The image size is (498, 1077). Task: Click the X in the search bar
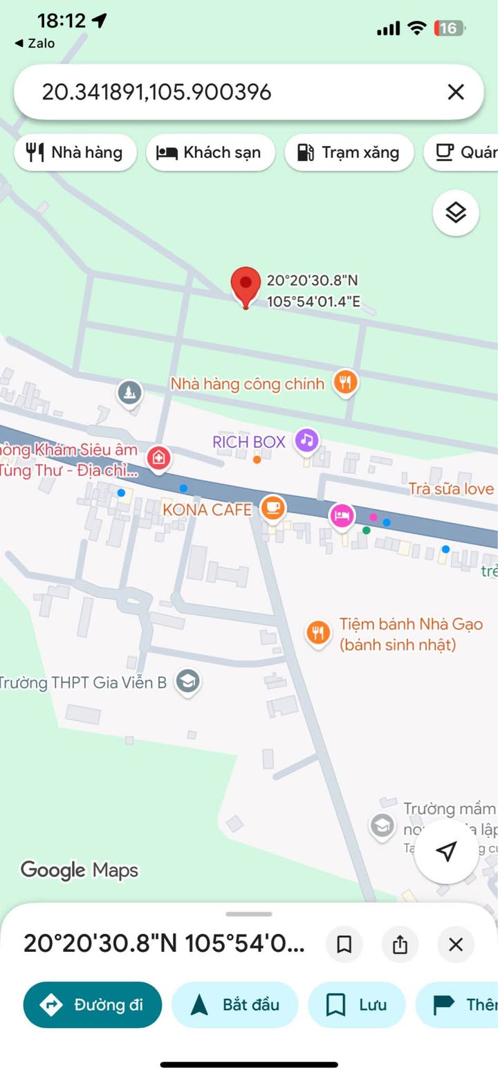pos(456,92)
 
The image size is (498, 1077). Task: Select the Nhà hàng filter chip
pos(75,152)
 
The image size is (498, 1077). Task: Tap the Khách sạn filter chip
pos(210,152)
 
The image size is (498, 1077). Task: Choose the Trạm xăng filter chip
pos(349,152)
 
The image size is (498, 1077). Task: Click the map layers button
pos(456,213)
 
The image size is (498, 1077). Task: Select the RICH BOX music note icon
pos(306,440)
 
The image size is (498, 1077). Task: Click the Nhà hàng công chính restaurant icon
pos(345,382)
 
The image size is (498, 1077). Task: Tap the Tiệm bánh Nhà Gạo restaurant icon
pos(318,633)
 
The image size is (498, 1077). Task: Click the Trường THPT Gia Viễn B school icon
pos(187,682)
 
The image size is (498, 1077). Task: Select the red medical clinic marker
pos(158,458)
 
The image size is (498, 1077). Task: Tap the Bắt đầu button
pos(234,1005)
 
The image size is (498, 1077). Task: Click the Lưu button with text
pos(356,1005)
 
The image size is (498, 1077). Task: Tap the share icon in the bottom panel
pos(400,944)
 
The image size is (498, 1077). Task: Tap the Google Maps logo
pos(80,870)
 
